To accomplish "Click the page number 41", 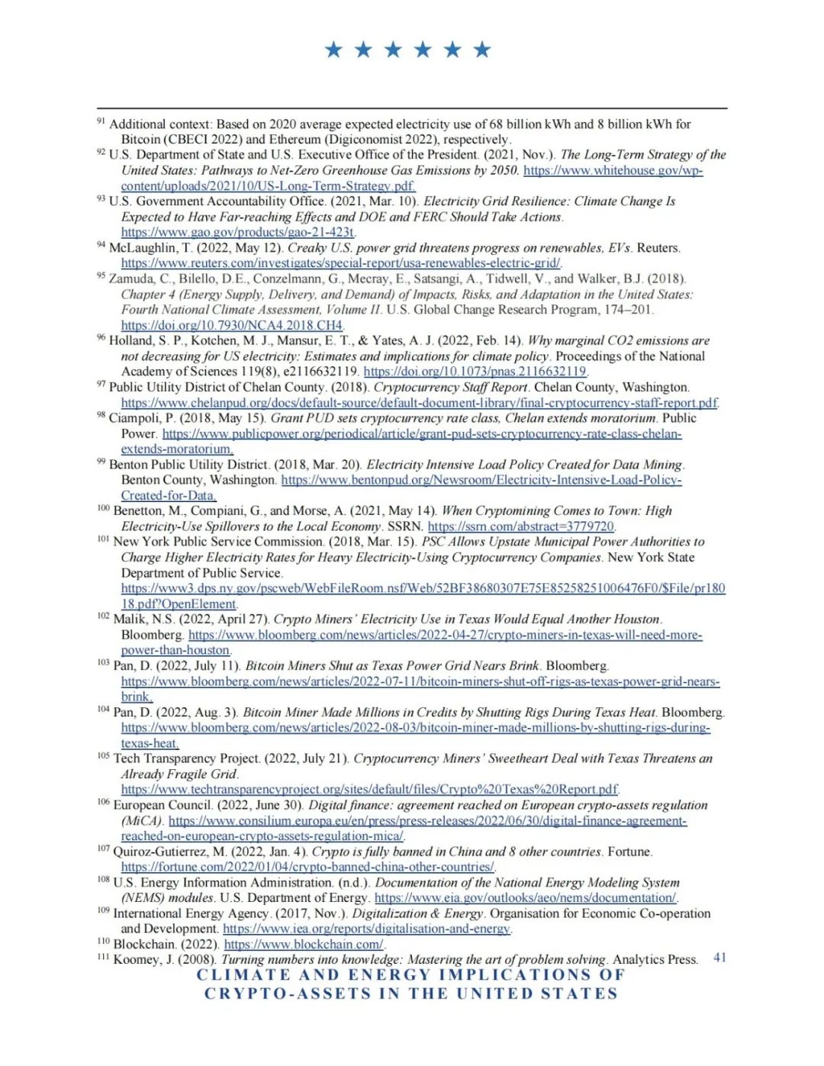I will click(x=719, y=957).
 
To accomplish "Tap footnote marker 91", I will click(x=101, y=121).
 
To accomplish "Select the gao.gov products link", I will click(x=237, y=232).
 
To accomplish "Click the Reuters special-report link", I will click(x=340, y=263).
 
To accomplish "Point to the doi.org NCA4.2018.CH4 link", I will click(x=232, y=325).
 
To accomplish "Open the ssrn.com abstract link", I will click(x=520, y=527).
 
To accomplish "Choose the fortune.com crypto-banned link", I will click(x=307, y=867).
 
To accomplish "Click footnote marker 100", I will click(x=103, y=508).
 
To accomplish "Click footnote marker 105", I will click(x=103, y=755).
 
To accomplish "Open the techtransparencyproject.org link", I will click(x=369, y=789).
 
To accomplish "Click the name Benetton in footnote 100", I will click(x=138, y=510).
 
